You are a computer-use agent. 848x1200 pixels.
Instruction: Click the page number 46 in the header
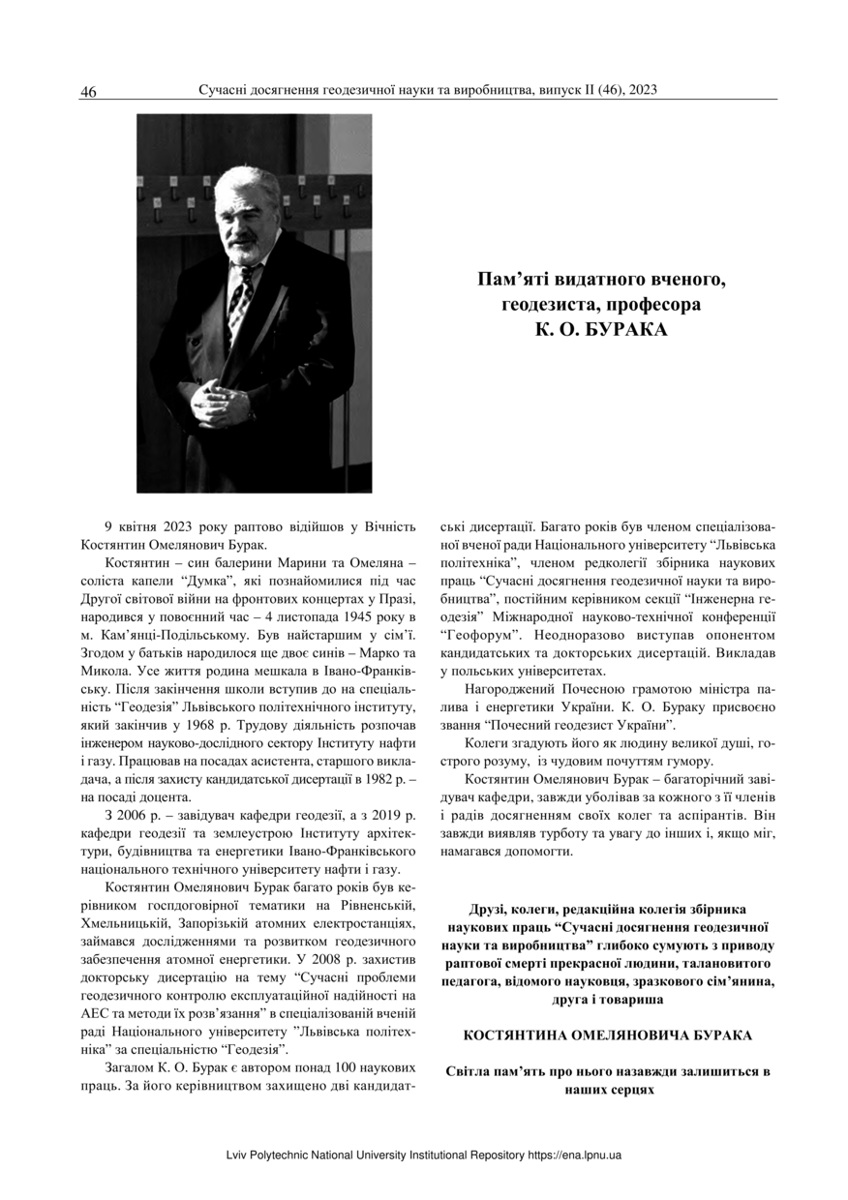point(88,93)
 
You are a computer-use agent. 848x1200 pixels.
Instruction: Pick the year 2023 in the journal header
point(643,90)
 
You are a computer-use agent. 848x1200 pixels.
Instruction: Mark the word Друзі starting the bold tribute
point(489,910)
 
